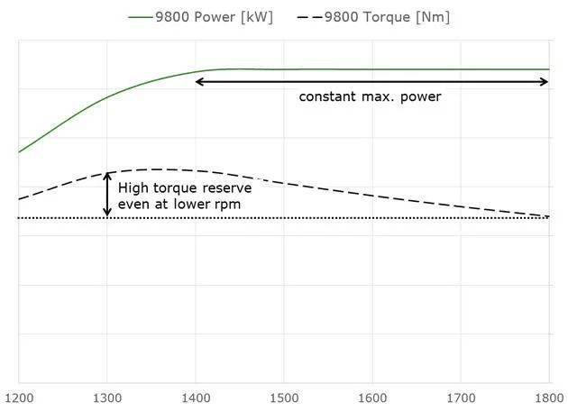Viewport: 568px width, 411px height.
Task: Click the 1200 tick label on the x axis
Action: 19,395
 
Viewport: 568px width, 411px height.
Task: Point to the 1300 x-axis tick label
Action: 107,395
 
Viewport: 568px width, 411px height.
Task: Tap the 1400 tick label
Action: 196,395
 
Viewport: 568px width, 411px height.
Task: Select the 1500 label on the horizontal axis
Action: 284,395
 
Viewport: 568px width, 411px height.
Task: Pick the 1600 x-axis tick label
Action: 372,395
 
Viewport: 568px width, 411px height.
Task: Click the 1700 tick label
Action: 461,395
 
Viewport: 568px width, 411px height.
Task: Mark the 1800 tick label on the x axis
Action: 548,395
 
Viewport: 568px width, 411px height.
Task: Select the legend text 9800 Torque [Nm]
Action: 393,16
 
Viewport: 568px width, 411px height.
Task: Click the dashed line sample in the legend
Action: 319,16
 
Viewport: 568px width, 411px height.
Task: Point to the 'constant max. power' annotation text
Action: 371,96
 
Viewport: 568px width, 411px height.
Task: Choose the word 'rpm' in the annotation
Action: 229,205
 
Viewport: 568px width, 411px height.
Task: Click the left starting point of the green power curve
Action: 19,152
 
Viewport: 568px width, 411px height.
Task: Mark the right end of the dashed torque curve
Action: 548,216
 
